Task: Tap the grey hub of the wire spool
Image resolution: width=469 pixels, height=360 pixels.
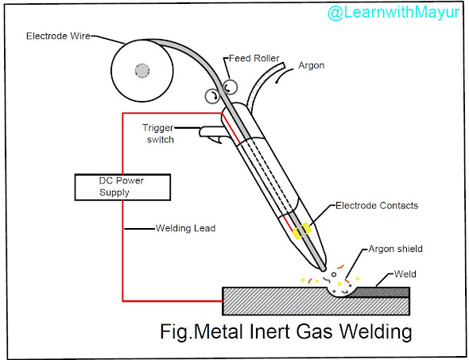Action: [141, 72]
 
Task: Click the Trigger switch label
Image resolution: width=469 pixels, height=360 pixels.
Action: [157, 134]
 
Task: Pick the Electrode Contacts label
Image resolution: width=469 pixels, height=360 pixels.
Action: [377, 206]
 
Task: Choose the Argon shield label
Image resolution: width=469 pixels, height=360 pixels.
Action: [395, 249]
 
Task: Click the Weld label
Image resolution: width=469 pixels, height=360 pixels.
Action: [405, 274]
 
